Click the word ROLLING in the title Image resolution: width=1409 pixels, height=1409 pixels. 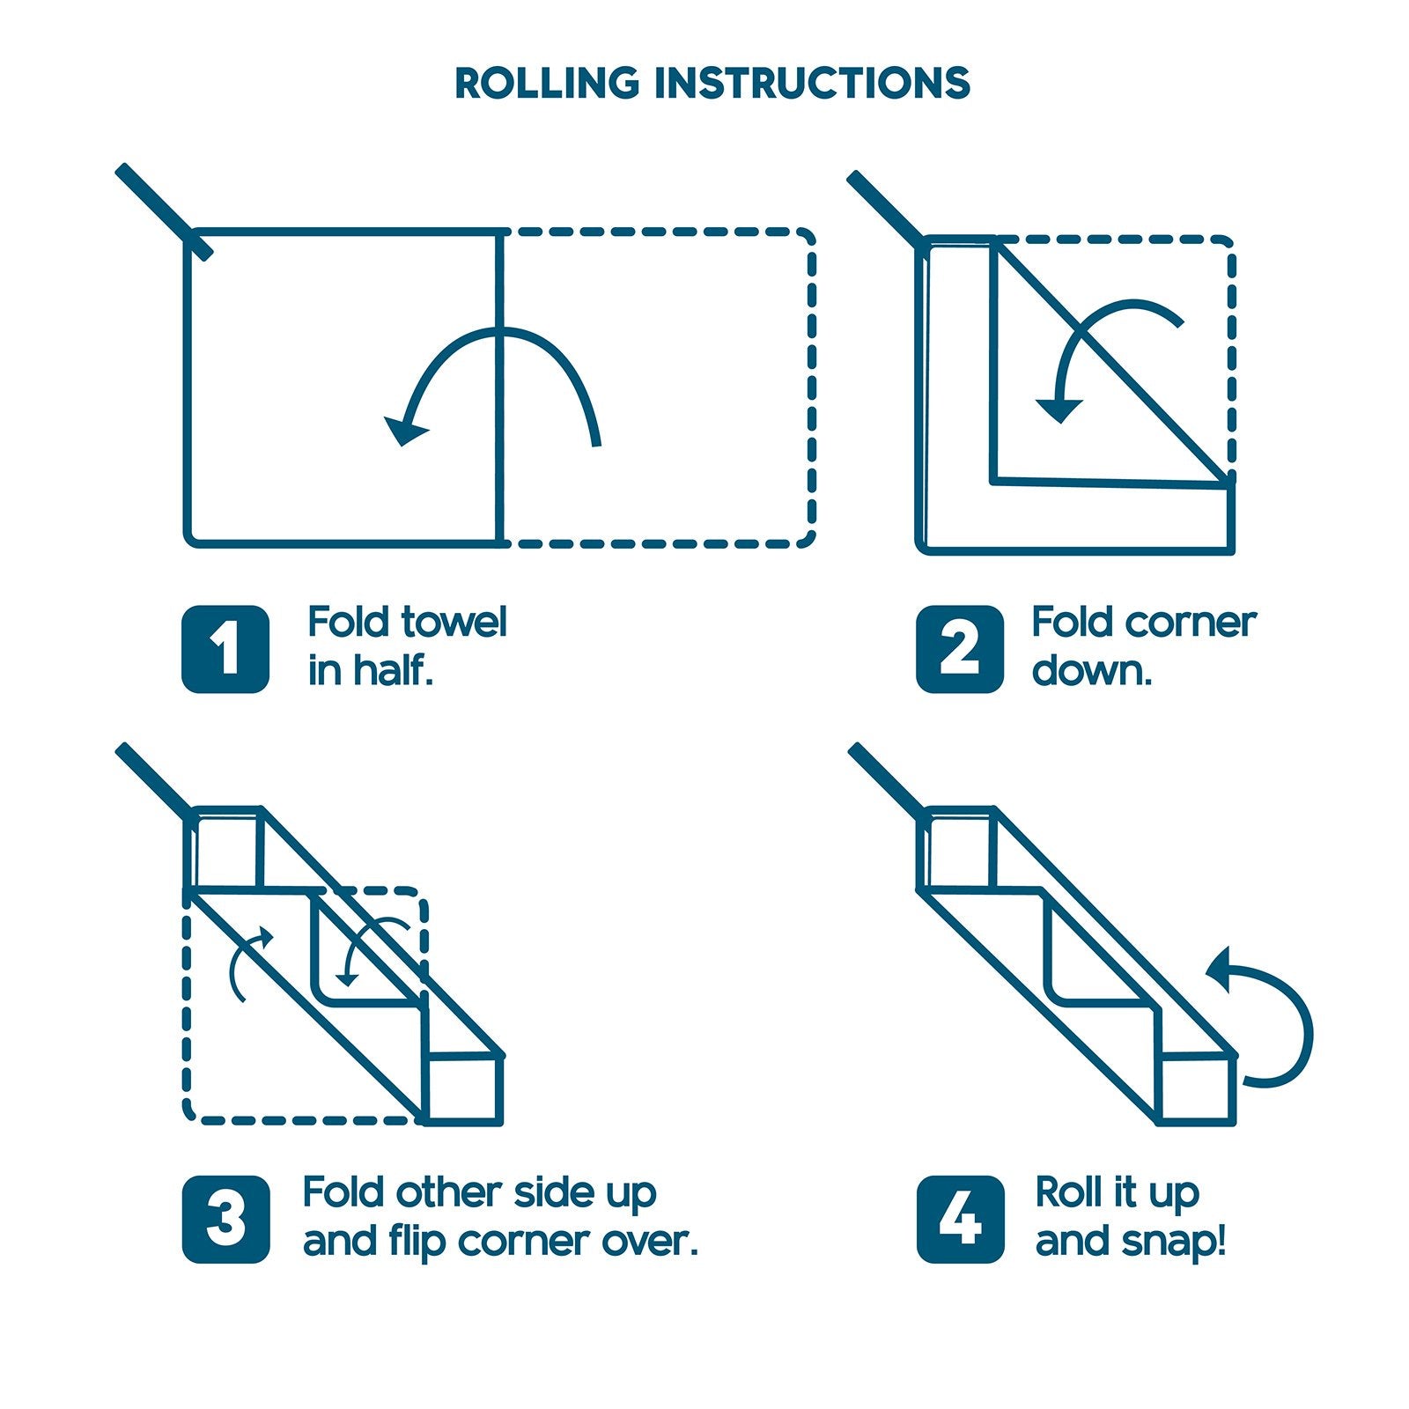point(546,83)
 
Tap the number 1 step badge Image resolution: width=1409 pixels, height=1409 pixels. point(225,649)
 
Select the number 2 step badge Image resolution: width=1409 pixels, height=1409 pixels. point(960,649)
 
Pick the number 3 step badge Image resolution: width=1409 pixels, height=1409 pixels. point(225,1220)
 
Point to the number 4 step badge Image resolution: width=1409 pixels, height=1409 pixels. point(960,1220)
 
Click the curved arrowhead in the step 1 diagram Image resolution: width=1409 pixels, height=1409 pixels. point(405,430)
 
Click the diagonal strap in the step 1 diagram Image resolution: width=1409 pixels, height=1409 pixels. point(164,211)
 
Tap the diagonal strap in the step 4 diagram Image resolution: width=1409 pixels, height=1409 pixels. point(885,779)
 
